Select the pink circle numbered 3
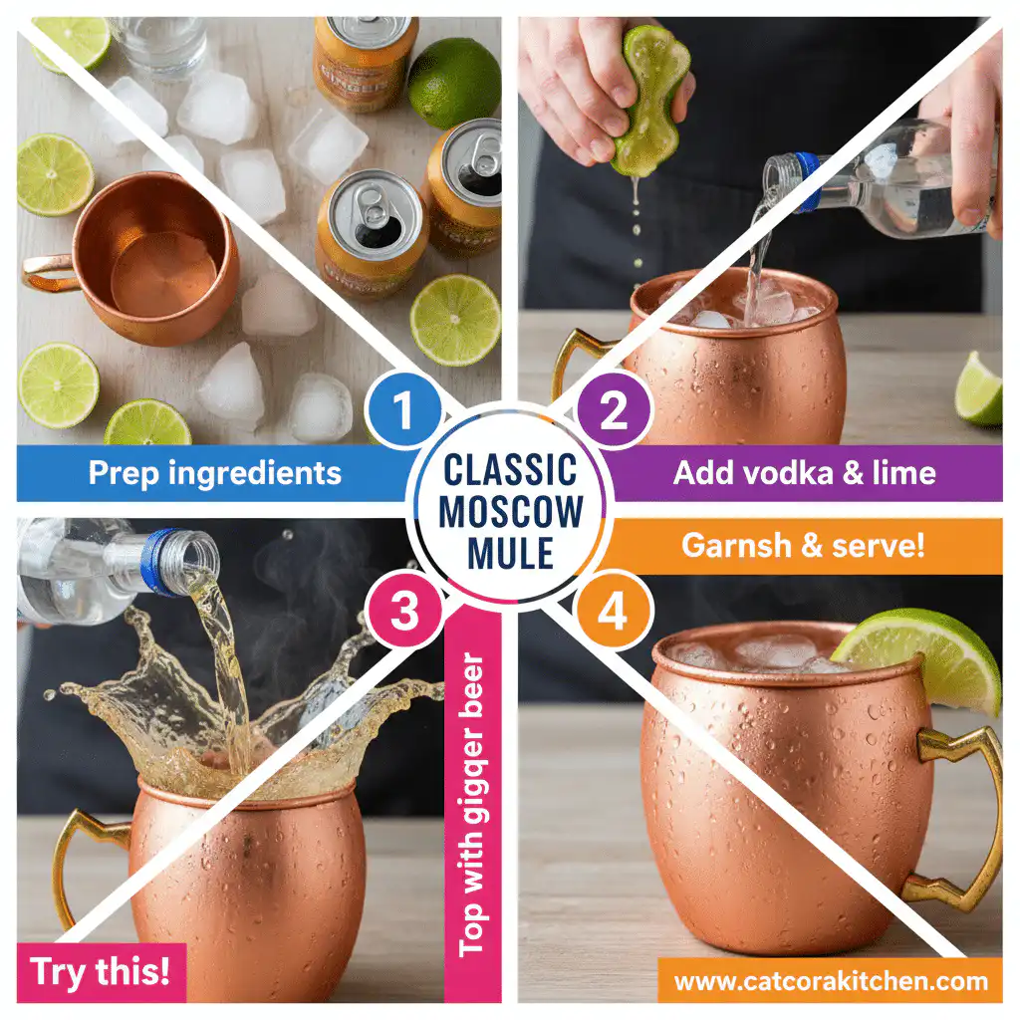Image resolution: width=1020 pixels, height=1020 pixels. click(x=404, y=612)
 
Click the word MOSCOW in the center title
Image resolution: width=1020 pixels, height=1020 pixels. click(x=511, y=512)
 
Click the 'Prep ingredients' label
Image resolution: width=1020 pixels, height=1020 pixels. click(x=214, y=472)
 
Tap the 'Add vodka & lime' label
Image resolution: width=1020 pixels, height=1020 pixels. click(x=804, y=472)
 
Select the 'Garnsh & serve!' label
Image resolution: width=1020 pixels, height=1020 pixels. click(x=802, y=546)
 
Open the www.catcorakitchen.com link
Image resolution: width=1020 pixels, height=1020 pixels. click(x=830, y=982)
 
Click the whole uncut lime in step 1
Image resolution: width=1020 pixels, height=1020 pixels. click(x=453, y=82)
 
